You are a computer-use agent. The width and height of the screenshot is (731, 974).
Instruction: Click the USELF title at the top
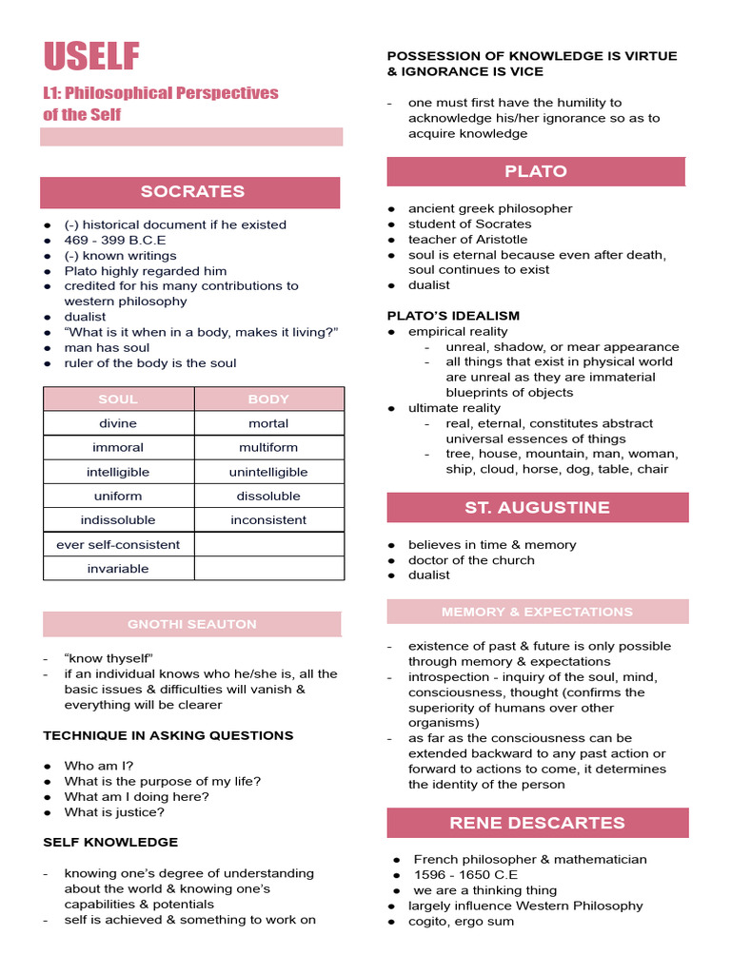coord(91,57)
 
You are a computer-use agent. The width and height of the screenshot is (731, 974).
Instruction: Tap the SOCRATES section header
coord(192,191)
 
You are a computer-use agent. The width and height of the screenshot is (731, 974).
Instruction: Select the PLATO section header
coord(535,171)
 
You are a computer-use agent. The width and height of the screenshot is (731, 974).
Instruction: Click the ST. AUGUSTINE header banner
coord(537,507)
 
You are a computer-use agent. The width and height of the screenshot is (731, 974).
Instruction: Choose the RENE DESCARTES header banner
coord(537,823)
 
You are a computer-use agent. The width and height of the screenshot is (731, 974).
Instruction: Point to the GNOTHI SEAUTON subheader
coord(192,624)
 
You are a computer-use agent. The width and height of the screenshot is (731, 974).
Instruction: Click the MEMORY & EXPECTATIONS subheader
coord(537,612)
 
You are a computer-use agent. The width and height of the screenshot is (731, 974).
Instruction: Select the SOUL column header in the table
coord(118,399)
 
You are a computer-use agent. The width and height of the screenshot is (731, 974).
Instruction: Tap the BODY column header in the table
coord(268,399)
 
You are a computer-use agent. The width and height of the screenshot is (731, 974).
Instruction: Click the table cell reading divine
coord(118,423)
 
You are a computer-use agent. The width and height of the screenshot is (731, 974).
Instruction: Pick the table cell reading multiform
coord(268,447)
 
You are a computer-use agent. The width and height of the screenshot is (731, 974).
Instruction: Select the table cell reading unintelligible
coord(268,472)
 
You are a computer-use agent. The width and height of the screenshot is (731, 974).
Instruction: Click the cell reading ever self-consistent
coord(118,544)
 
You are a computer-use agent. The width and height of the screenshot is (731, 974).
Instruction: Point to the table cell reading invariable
coord(118,569)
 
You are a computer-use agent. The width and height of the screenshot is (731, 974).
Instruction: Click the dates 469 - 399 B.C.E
coord(114,240)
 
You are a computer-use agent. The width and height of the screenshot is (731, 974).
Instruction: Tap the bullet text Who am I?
coord(99,766)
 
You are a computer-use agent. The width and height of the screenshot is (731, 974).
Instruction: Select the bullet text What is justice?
coord(114,812)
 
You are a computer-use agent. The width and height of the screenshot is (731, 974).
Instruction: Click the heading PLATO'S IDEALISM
coord(453,316)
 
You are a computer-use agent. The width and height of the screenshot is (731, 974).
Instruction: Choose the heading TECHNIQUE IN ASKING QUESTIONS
coord(168,735)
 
